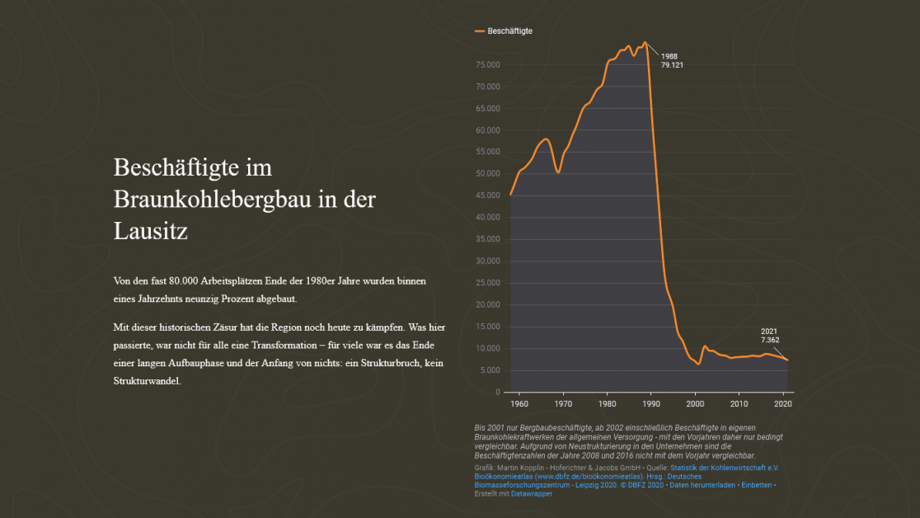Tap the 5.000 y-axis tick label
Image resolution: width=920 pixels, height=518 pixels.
tap(491, 370)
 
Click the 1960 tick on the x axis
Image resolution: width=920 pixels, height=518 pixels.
tap(519, 403)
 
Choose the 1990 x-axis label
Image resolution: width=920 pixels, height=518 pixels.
tap(651, 403)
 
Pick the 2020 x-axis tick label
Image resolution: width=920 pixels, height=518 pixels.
tap(783, 403)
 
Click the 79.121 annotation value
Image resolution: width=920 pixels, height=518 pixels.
tap(673, 65)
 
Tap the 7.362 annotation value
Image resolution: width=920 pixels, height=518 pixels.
tap(770, 340)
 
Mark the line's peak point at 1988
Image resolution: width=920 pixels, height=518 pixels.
tap(645, 42)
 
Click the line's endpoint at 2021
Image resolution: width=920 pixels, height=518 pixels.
tap(787, 360)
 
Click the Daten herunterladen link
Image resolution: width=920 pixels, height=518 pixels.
tap(699, 485)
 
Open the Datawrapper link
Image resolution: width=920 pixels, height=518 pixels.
tap(532, 494)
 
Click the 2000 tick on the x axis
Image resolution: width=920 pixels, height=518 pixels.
tap(695, 403)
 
